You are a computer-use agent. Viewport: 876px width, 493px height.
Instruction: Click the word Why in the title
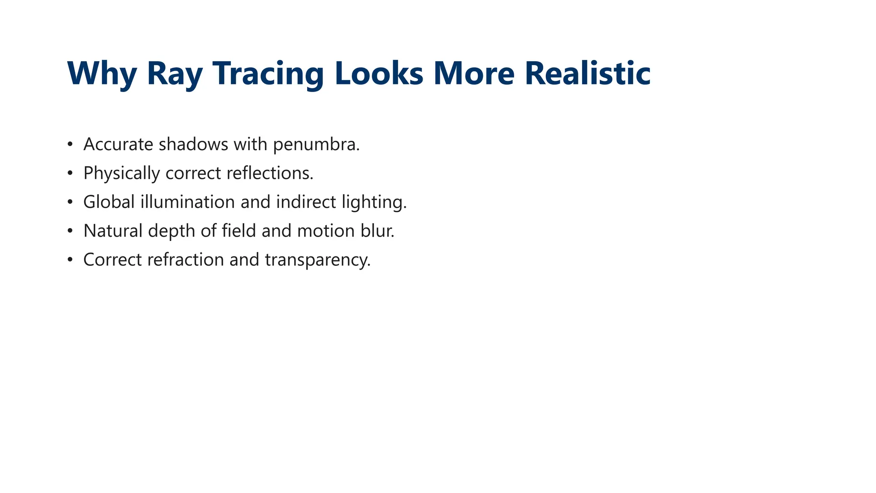(102, 74)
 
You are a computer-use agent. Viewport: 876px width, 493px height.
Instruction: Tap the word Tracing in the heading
(268, 74)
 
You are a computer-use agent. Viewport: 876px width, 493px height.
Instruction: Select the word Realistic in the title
(587, 74)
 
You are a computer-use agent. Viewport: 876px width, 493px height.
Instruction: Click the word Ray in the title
(175, 74)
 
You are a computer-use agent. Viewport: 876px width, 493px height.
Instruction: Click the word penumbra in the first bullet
(316, 145)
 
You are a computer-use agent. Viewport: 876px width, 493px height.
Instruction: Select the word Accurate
(118, 145)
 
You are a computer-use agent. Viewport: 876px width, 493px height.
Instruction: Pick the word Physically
(121, 173)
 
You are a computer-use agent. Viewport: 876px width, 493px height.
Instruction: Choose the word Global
(109, 202)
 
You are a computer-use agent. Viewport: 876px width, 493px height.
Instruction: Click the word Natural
(113, 231)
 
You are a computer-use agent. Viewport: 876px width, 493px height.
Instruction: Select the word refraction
(186, 260)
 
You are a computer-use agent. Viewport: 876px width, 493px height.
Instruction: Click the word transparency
(317, 260)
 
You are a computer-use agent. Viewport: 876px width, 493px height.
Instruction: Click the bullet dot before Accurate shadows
(70, 145)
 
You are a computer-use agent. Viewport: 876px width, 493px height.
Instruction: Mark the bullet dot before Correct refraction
(70, 260)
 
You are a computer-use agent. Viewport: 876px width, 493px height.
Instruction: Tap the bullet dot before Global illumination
(70, 202)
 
